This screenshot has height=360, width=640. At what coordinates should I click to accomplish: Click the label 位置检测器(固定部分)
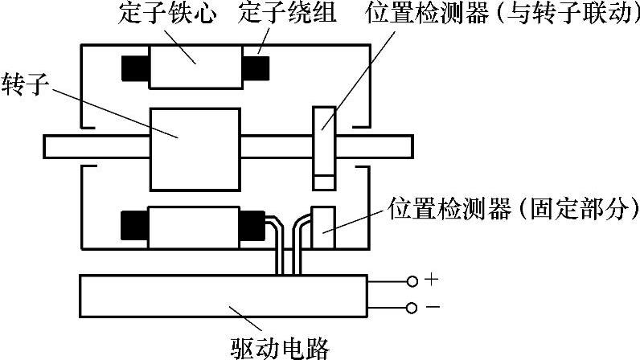pos(512,210)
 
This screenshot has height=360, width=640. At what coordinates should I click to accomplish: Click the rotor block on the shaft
pos(195,148)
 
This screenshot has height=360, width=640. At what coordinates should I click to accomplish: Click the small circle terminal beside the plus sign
pos(412,281)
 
